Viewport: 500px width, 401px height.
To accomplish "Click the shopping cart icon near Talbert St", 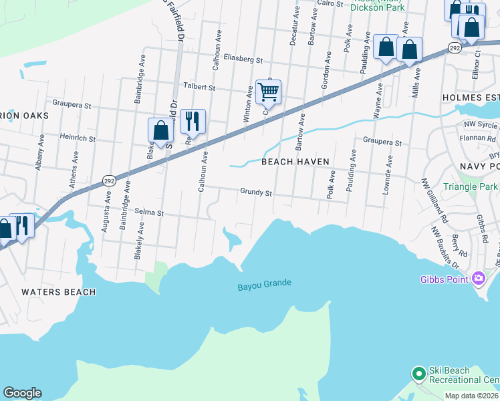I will [268, 92].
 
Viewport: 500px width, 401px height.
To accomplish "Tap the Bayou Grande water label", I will [265, 284].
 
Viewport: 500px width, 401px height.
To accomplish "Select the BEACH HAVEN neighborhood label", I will [295, 162].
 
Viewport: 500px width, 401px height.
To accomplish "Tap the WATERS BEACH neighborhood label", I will [58, 292].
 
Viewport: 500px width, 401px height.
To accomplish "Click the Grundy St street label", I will [256, 192].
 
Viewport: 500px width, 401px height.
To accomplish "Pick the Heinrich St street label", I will [78, 138].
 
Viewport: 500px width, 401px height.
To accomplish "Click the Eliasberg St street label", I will [244, 59].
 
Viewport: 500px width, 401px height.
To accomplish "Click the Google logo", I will [22, 393].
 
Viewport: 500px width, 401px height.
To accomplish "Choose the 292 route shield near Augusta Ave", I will [109, 180].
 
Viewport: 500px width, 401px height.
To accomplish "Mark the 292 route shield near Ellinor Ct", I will [454, 47].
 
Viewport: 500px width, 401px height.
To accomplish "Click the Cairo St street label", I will [329, 3].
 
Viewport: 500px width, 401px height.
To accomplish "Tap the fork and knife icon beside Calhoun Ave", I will [193, 121].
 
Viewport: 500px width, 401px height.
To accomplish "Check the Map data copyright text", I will [472, 396].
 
